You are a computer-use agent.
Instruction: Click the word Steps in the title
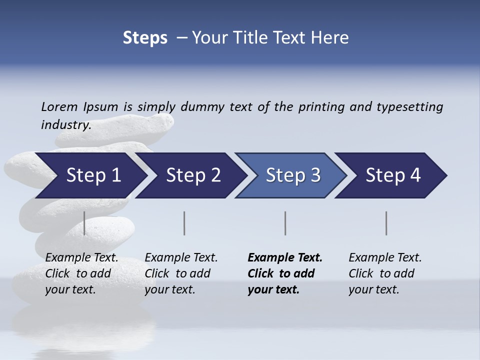coord(145,37)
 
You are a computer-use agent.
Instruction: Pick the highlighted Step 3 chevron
coord(293,175)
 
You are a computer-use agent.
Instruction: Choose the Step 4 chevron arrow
coord(393,175)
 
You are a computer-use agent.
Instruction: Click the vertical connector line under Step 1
coord(84,223)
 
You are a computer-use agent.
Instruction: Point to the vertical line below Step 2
coord(184,223)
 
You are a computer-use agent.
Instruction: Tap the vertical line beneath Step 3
coord(285,223)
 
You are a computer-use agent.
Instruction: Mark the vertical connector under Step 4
coord(386,223)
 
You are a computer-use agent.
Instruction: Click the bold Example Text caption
coord(285,273)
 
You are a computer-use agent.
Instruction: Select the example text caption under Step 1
coord(81,273)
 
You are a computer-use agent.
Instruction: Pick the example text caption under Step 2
coord(181,273)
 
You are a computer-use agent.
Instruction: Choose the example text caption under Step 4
coord(385,273)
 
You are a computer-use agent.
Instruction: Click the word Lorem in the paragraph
coord(59,106)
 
